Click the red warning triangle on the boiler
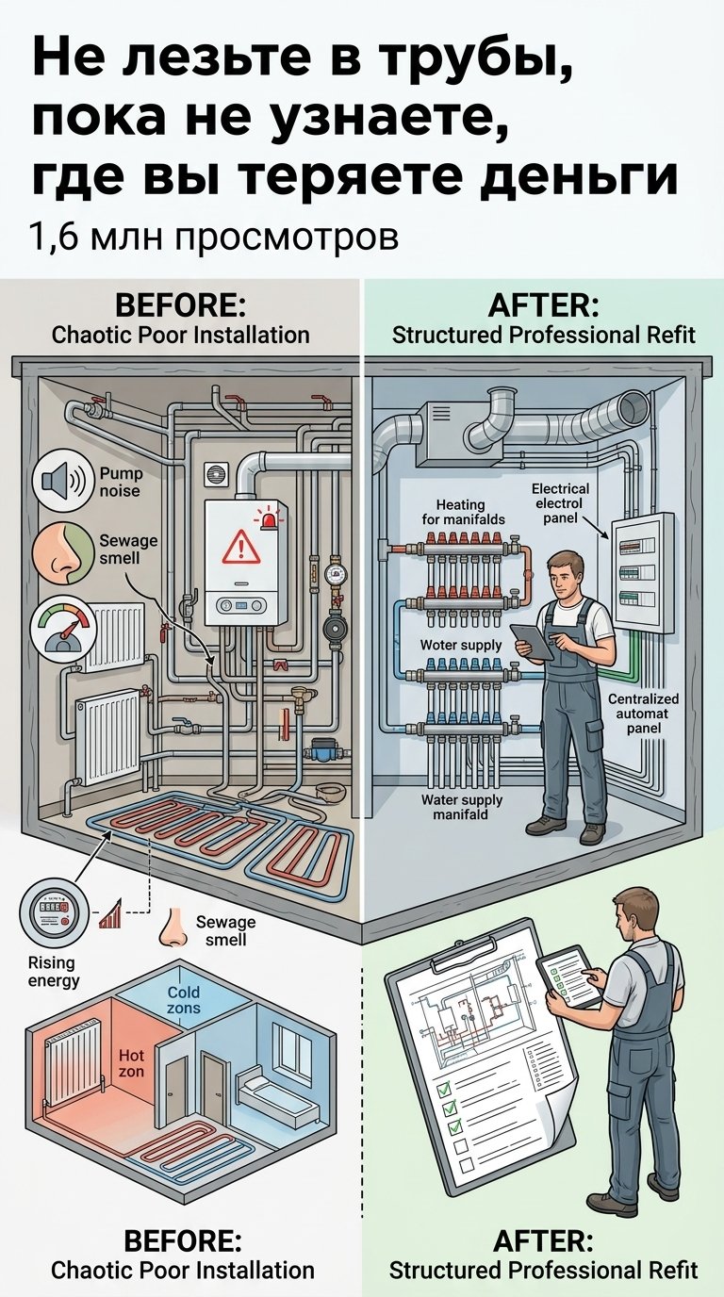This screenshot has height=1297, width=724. pos(241,547)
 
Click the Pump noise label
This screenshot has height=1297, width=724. pos(121,482)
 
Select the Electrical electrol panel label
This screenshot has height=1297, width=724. pos(560,503)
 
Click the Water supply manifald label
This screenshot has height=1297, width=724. pos(462,807)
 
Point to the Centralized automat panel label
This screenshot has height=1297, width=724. pos(643,714)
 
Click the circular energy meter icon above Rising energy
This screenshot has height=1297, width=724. pos(55,913)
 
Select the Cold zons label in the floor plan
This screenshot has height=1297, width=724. pos(184,1000)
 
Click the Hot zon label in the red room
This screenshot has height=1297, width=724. pos(131,1063)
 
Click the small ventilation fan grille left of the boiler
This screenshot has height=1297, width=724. pos(217,474)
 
